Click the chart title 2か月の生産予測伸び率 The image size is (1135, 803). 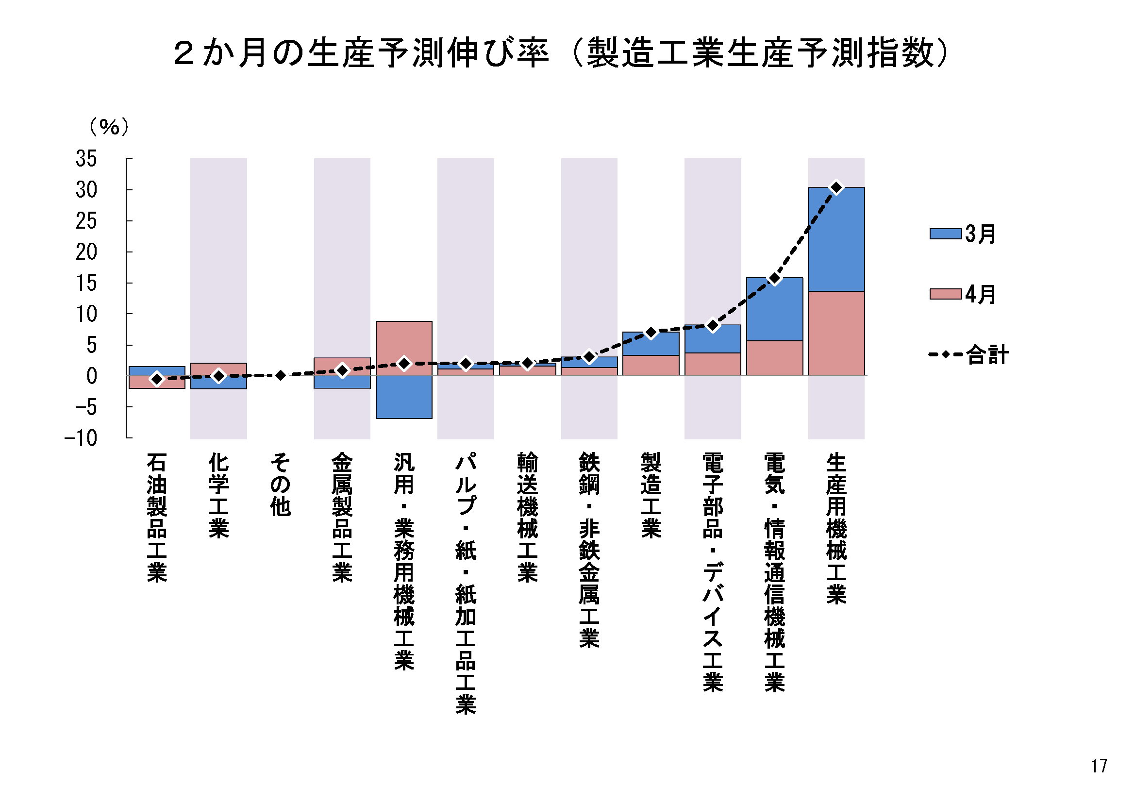pos(361,53)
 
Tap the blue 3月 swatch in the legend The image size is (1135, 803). pos(945,234)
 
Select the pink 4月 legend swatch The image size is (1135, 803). pos(945,294)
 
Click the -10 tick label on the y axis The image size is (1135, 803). pos(81,438)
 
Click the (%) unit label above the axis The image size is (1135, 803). pos(109,127)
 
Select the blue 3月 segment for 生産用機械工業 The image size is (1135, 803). pos(836,239)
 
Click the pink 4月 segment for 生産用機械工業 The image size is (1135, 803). pos(836,333)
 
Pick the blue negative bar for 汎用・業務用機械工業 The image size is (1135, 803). pos(404,397)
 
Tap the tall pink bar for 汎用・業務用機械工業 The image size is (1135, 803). pos(404,341)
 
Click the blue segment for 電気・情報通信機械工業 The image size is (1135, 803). pos(774,309)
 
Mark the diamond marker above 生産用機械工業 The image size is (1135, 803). pos(836,187)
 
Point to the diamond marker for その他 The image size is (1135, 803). pos(280,375)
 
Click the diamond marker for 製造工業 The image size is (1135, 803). pos(651,332)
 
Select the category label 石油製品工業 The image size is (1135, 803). pos(157,517)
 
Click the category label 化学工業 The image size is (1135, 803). pos(218,495)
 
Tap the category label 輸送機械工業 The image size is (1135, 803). pos(528,517)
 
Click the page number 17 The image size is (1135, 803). pos(1099,766)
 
